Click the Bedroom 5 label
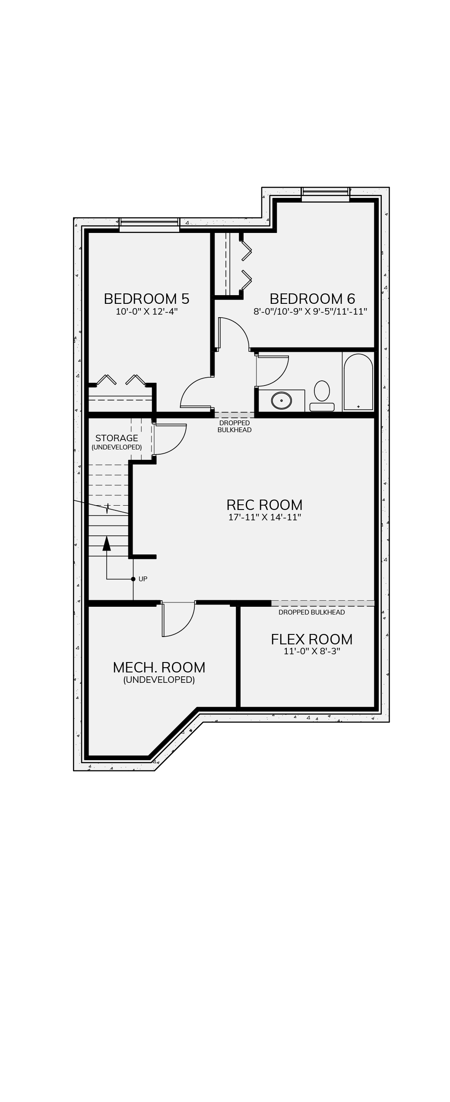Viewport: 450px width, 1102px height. click(x=146, y=299)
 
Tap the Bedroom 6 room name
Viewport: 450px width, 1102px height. click(x=312, y=299)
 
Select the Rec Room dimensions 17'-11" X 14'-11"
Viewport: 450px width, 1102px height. click(x=264, y=517)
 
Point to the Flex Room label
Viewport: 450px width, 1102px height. click(x=312, y=639)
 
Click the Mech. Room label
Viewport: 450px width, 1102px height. click(x=159, y=667)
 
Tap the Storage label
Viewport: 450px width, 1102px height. click(x=117, y=438)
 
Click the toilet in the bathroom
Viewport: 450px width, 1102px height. click(x=322, y=396)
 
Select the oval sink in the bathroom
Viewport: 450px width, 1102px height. click(x=282, y=401)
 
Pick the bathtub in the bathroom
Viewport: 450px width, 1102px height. click(x=358, y=382)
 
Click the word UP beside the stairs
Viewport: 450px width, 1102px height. click(x=143, y=579)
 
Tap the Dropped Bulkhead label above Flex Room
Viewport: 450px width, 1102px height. click(x=311, y=612)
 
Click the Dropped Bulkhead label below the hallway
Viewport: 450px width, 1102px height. click(x=235, y=426)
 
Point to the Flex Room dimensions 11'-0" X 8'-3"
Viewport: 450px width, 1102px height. click(x=312, y=651)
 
